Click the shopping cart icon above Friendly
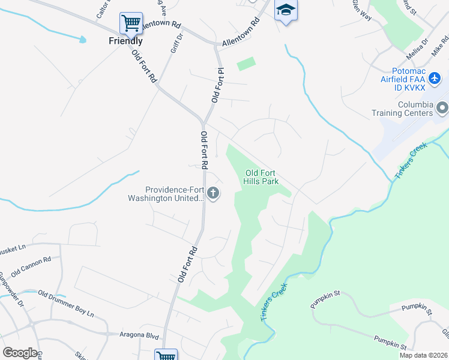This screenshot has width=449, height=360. point(131,23)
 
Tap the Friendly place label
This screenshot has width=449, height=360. point(125,41)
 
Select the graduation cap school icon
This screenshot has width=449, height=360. point(286,10)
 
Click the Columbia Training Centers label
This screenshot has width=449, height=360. point(406,109)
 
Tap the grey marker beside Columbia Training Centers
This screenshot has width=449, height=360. point(442,109)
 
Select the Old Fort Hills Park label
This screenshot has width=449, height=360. point(262,178)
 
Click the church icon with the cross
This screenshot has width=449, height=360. point(213,193)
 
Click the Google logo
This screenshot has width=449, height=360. point(20,353)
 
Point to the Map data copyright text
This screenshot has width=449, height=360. point(423,355)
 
